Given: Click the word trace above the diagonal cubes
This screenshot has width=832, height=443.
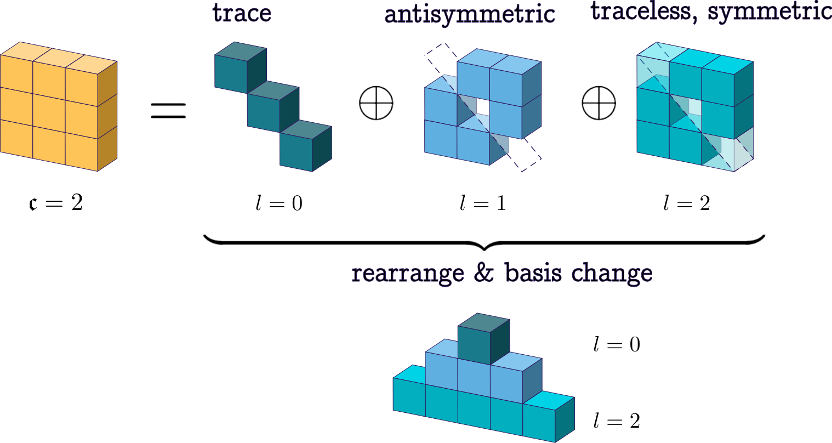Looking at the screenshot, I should click(242, 13).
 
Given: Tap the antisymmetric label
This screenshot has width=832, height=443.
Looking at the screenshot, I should click(470, 15).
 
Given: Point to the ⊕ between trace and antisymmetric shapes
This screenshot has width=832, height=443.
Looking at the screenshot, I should click(377, 103).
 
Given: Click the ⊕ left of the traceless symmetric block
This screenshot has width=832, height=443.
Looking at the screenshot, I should click(599, 103).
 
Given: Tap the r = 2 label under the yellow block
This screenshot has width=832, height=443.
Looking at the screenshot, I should click(55, 204).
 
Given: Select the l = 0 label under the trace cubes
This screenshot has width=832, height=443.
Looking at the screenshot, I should click(278, 204).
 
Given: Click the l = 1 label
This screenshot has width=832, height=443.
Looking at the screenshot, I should click(482, 204).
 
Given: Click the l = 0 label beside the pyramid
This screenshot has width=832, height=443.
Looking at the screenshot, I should click(616, 345).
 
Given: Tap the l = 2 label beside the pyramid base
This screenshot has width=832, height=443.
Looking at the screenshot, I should click(616, 421).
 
